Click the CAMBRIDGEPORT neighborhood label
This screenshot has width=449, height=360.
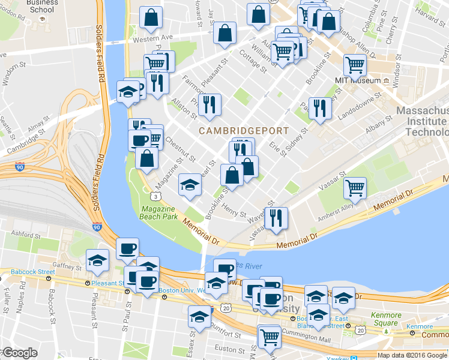click(244, 130)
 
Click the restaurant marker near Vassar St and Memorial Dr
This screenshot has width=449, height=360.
click(276, 219)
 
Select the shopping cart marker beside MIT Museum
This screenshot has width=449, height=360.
click(355, 64)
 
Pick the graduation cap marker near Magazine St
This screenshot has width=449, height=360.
click(190, 184)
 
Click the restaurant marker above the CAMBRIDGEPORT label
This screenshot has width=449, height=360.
click(209, 105)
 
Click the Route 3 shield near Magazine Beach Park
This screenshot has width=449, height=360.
click(155, 196)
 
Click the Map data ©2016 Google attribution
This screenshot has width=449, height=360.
click(412, 355)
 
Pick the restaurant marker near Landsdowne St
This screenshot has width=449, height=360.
click(319, 109)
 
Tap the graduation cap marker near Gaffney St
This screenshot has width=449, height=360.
click(97, 260)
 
